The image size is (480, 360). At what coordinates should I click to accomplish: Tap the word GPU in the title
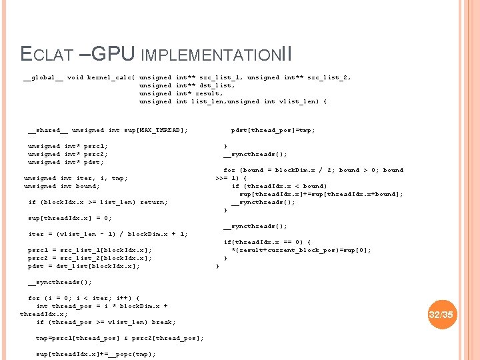(112, 52)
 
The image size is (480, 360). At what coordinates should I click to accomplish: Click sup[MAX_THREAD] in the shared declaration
(157, 130)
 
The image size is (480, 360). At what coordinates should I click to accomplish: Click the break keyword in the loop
(163, 322)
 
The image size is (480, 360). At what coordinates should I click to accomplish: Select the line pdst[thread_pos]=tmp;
(273, 130)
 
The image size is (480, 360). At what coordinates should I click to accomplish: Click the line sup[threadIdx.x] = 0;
(70, 218)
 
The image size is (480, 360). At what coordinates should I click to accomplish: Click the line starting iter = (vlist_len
(107, 234)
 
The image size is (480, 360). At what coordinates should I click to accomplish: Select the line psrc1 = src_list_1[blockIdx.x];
(90, 250)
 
